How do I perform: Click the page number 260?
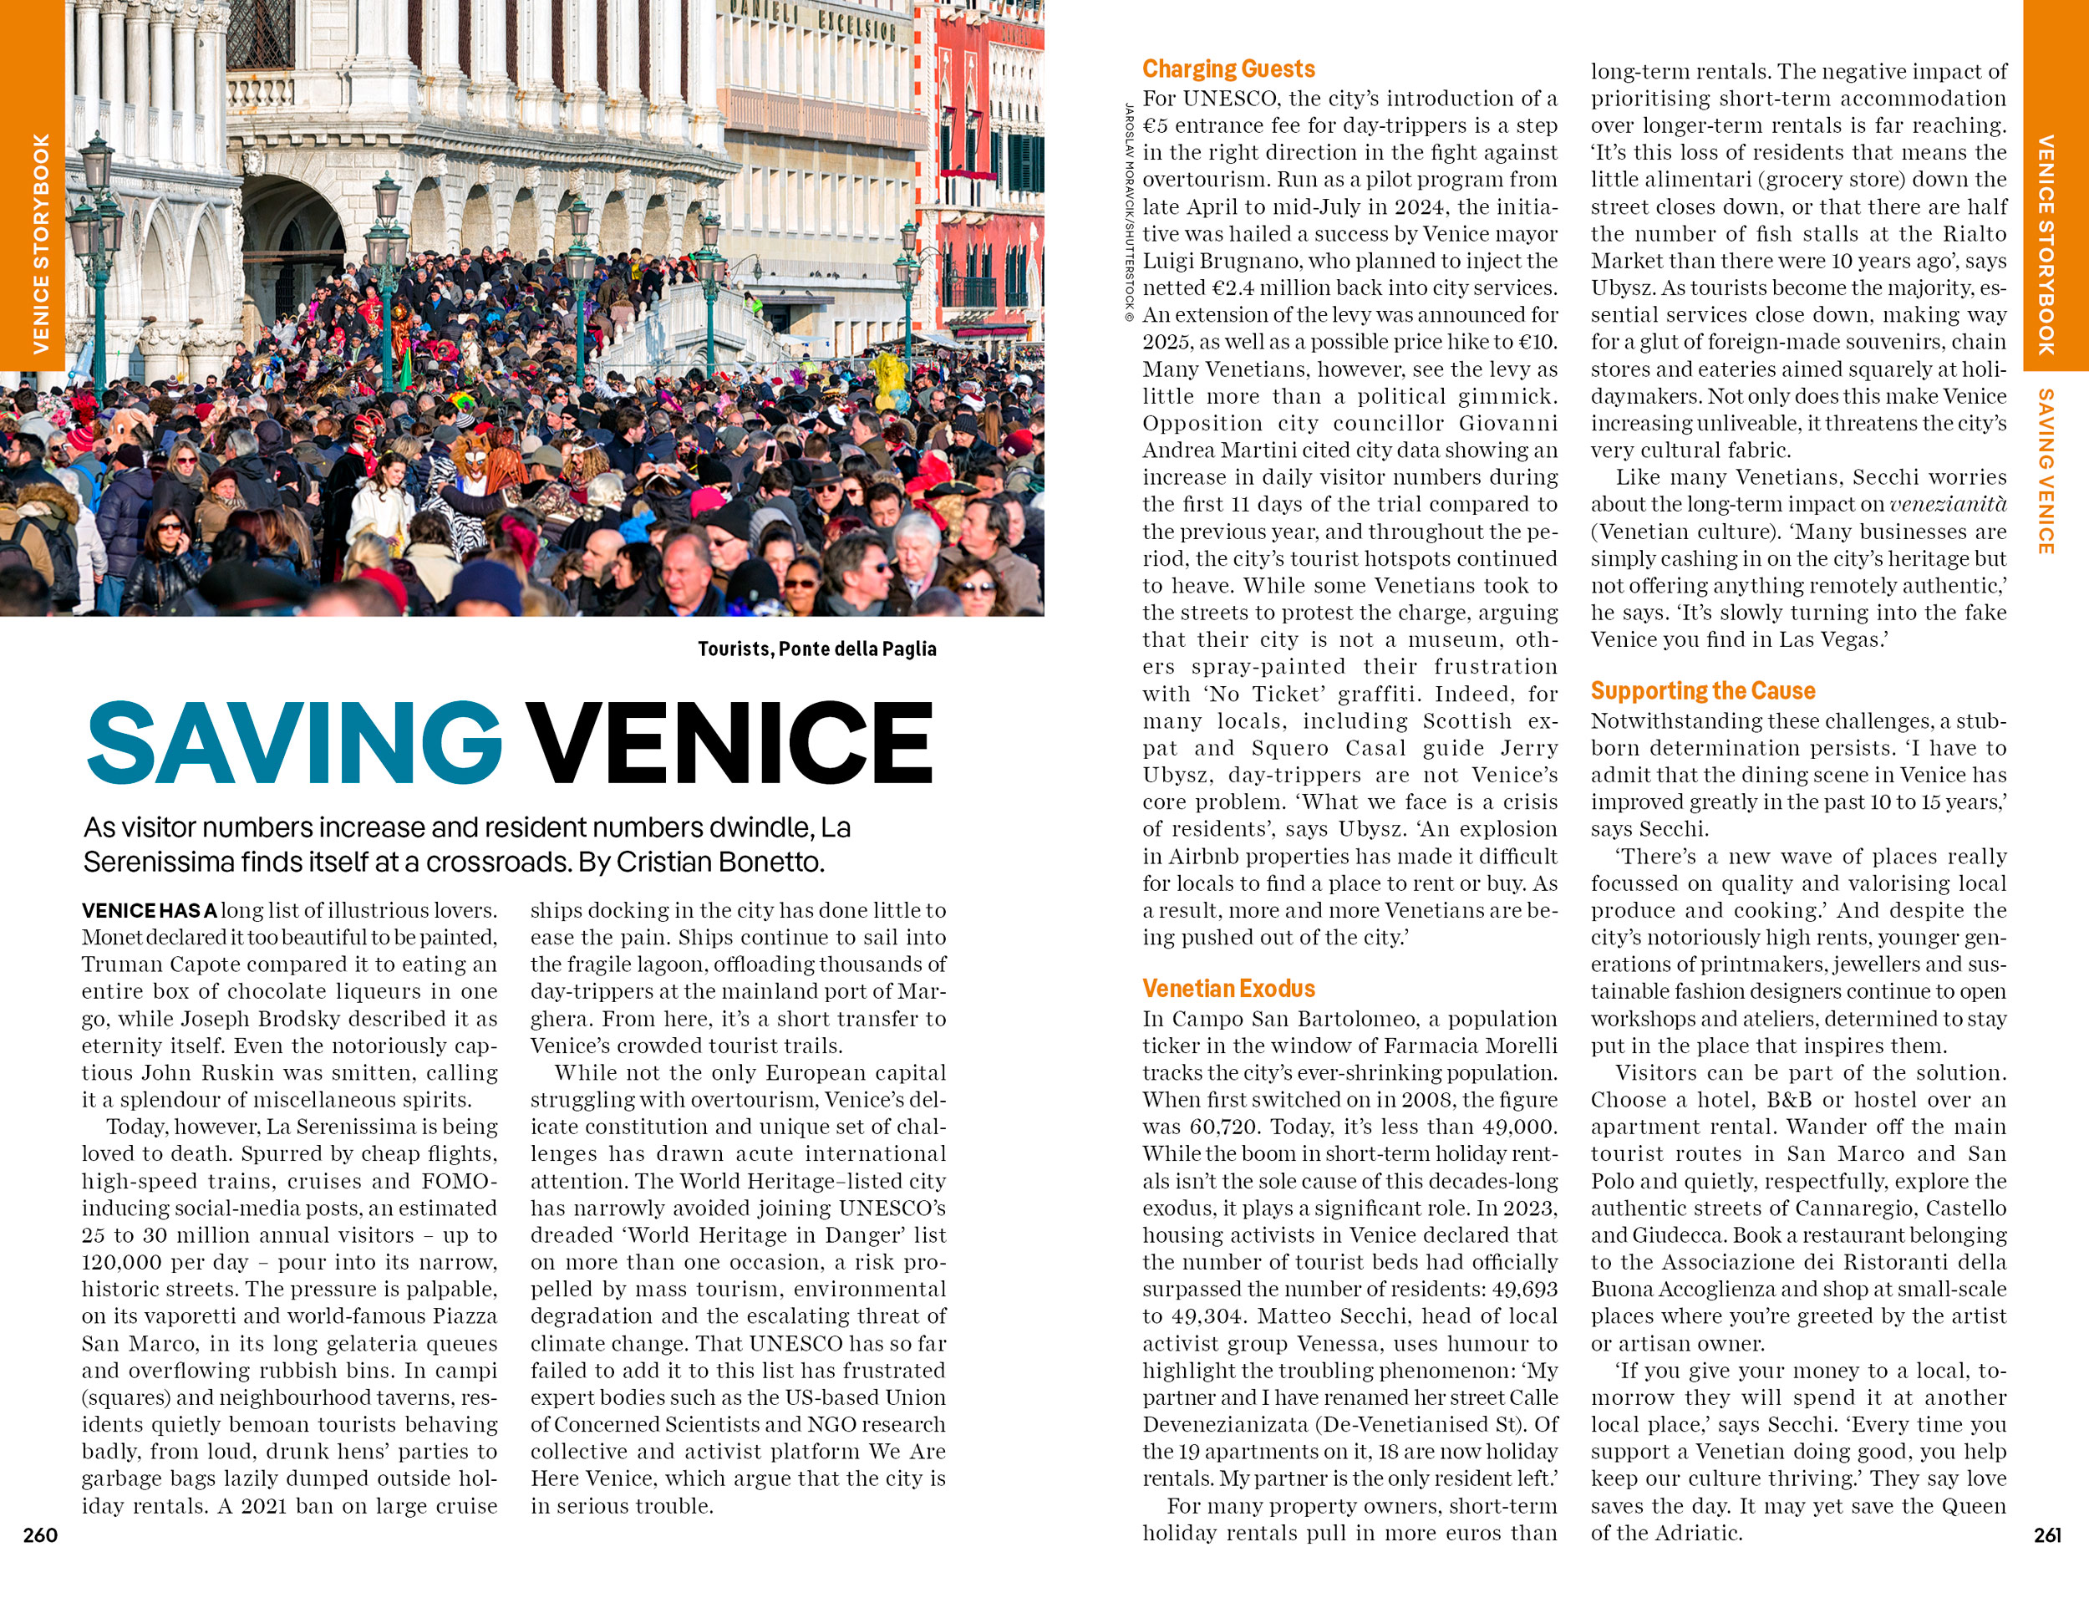coord(40,1535)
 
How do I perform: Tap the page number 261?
coord(2047,1535)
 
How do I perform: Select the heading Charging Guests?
coord(1228,69)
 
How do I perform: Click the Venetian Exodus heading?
coord(1228,988)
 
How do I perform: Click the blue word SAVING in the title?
coord(293,743)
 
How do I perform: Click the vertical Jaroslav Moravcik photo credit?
coord(1130,211)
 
